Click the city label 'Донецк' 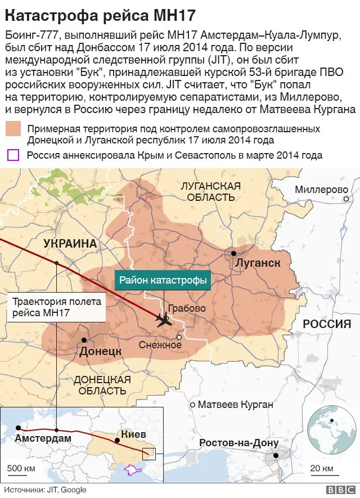(101, 351)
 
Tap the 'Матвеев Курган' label (236, 405)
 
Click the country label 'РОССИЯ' (327, 324)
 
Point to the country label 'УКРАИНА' (70, 244)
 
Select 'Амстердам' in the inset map (43, 438)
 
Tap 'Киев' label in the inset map (133, 434)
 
